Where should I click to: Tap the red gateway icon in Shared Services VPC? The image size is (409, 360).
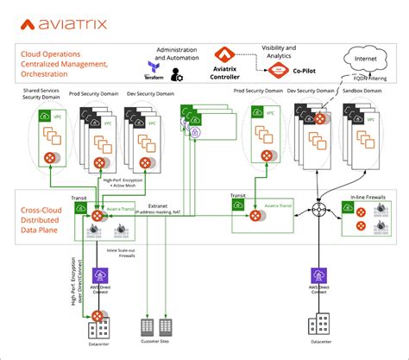[49, 157]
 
